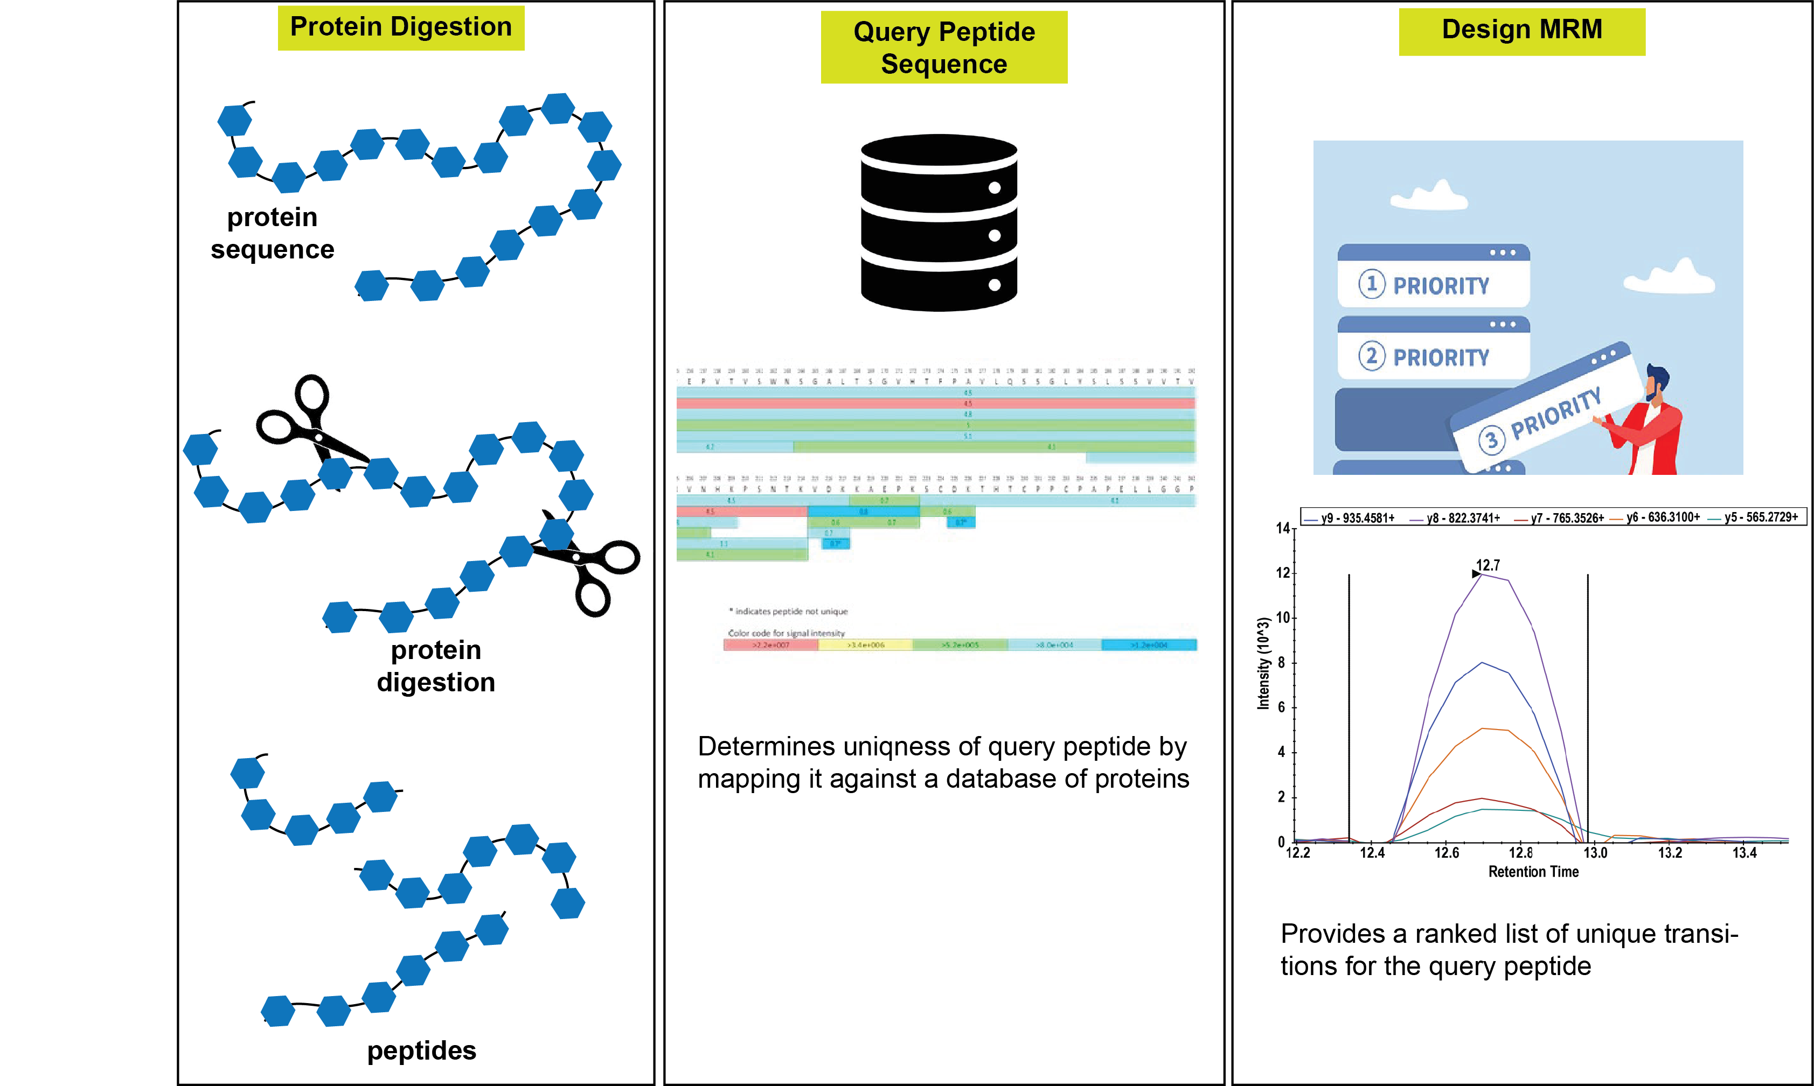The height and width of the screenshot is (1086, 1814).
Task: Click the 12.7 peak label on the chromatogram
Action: tap(1488, 565)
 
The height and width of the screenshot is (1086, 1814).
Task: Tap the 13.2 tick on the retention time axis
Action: tap(1670, 852)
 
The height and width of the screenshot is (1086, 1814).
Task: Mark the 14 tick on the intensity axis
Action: tap(1283, 528)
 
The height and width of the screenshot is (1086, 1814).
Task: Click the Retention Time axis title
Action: tap(1533, 872)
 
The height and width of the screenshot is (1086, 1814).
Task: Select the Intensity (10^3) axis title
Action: tap(1263, 664)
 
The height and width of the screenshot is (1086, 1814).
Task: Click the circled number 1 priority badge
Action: tap(1372, 284)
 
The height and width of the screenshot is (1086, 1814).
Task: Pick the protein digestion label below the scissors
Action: tap(436, 666)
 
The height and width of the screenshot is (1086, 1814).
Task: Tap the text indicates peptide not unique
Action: tap(790, 611)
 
